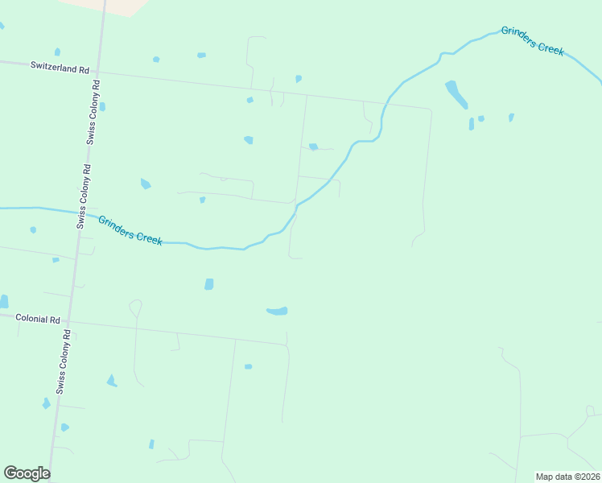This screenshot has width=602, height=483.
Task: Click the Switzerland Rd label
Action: (60, 69)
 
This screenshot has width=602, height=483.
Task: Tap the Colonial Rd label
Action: (39, 320)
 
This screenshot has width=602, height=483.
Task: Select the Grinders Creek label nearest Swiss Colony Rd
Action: (130, 229)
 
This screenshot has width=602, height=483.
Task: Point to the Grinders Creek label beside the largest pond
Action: (533, 40)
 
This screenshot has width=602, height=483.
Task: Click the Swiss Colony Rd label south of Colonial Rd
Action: (62, 361)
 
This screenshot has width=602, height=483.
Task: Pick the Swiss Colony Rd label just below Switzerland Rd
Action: (93, 111)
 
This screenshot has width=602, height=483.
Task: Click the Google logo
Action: (27, 473)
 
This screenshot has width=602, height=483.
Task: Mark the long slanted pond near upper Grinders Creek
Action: (456, 93)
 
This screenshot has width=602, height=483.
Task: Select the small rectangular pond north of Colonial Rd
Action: (209, 284)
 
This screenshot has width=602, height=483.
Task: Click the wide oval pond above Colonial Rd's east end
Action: (277, 311)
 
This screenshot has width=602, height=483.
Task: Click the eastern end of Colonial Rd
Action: (287, 345)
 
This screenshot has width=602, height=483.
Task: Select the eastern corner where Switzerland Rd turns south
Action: (431, 109)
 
